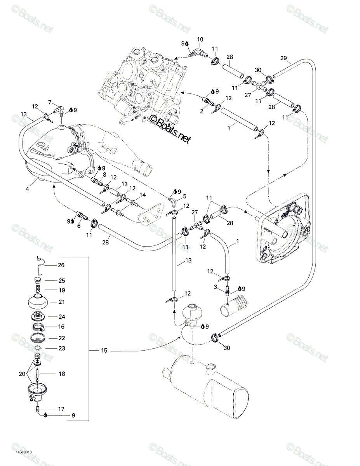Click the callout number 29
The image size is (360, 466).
[x=283, y=58]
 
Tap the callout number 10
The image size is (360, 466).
[x=200, y=40]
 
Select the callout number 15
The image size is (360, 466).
[x=104, y=350]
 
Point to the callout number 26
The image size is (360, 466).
[x=61, y=265]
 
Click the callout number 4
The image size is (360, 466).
[x=27, y=189]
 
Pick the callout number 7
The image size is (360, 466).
[x=50, y=102]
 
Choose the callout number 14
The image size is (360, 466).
[x=143, y=195]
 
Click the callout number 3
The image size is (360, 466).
[x=215, y=287]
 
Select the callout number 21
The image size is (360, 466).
[x=62, y=302]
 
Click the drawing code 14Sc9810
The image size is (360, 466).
[x=24, y=452]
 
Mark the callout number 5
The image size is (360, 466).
[x=184, y=196]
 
